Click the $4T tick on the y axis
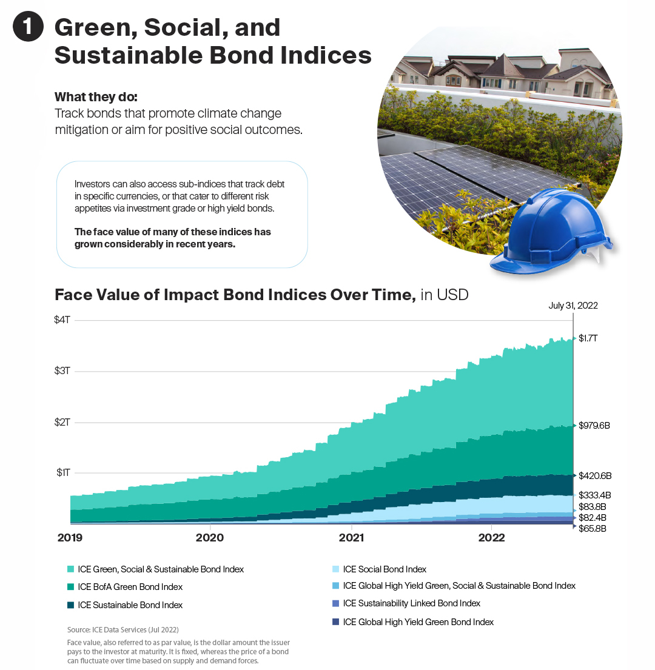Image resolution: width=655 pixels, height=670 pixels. pos(62,320)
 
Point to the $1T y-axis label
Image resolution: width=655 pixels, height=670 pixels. pos(62,473)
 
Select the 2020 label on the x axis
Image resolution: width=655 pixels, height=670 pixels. pos(210,538)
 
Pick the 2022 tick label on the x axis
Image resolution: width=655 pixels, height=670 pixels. pos(492,538)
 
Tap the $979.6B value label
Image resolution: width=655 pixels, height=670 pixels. pos(594,425)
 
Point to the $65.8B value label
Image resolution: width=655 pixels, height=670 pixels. pos(593,529)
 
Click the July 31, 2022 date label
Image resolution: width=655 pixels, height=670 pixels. pos(573,306)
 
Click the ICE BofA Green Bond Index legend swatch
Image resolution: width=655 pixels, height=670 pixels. pos(71,587)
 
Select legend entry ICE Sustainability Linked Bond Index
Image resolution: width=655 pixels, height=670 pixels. pos(411,603)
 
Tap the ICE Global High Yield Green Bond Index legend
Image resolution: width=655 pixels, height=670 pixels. pos(418,622)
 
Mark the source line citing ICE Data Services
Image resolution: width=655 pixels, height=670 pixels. pos(123,629)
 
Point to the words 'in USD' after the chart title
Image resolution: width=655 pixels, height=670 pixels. pos(444,295)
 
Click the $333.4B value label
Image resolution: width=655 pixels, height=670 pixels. pos(594,495)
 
